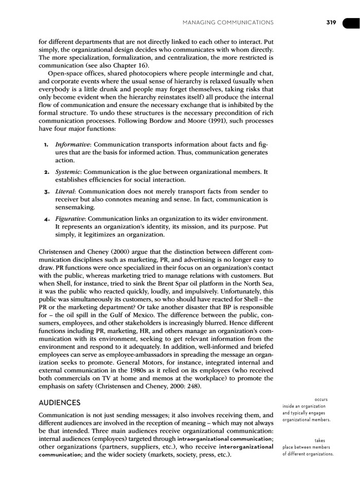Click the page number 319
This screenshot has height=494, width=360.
tap(330, 22)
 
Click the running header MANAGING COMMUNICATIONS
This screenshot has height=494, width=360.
tap(227, 22)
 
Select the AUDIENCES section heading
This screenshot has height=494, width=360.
tap(60, 402)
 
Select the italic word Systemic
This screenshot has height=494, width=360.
tap(68, 171)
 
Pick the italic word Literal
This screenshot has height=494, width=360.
tap(65, 191)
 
